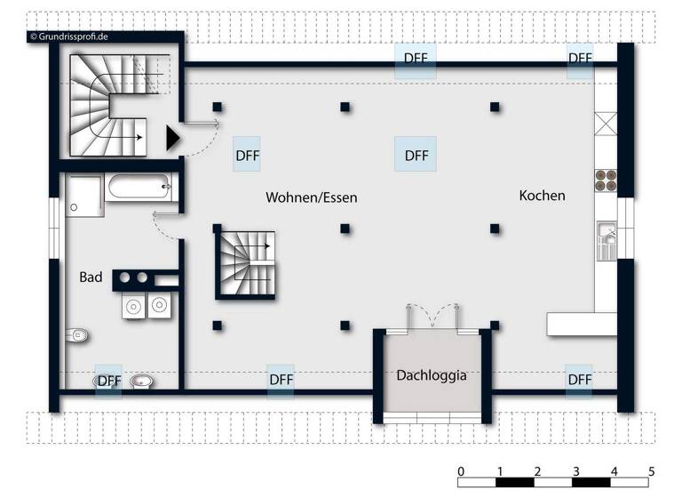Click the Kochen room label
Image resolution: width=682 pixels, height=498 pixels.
tap(542, 196)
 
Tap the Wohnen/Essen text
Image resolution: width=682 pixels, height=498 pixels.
tap(311, 197)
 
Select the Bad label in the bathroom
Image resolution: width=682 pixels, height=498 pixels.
tap(91, 277)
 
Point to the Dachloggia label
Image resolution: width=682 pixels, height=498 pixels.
tap(432, 375)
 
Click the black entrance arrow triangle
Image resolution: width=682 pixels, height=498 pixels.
tap(173, 137)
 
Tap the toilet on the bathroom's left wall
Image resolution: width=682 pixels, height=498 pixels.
tap(78, 335)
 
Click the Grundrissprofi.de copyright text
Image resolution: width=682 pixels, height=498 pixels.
tap(69, 36)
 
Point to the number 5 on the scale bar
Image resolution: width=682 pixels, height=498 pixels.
tap(651, 470)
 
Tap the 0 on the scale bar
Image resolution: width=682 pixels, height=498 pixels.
tap(460, 470)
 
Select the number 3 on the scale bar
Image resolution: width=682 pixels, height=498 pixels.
tap(575, 470)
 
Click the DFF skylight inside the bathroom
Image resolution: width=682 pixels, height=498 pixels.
tap(108, 381)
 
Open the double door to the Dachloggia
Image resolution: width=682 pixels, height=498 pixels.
tap(432, 317)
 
